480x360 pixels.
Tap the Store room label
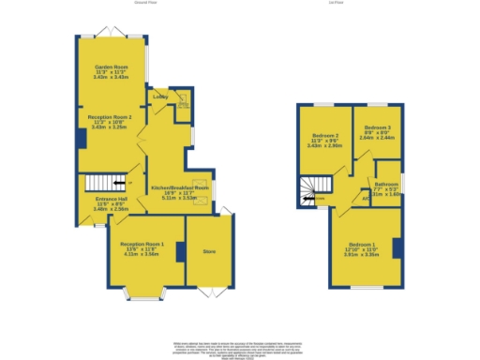(209, 250)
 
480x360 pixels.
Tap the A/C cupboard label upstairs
(365, 199)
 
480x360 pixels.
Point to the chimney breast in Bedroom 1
(397, 248)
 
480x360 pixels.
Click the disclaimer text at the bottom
(239, 348)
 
